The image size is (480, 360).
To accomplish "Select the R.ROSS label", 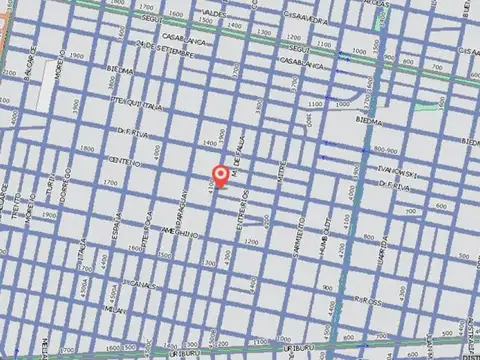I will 371,301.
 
